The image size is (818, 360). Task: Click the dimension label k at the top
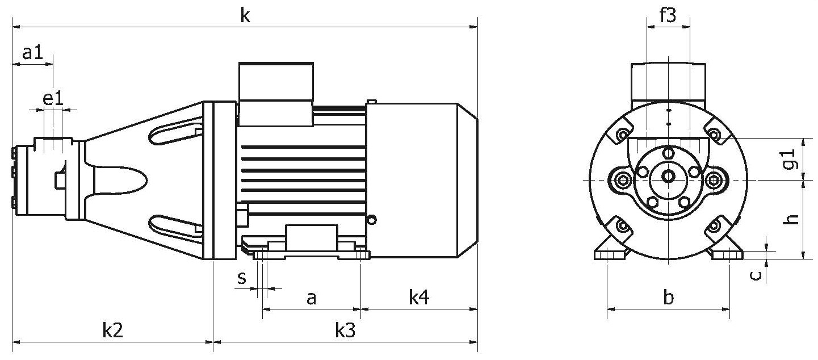tap(245, 16)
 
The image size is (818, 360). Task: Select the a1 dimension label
tap(33, 53)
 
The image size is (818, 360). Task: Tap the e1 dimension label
tap(53, 99)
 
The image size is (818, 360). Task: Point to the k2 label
tap(112, 330)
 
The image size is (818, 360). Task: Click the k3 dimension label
tap(345, 330)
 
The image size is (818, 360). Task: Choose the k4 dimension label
tap(419, 297)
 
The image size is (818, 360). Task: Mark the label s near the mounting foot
tap(242, 278)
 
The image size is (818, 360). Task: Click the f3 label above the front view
tap(668, 15)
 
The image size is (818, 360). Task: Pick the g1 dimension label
tap(789, 159)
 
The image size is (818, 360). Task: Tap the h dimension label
tap(791, 219)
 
